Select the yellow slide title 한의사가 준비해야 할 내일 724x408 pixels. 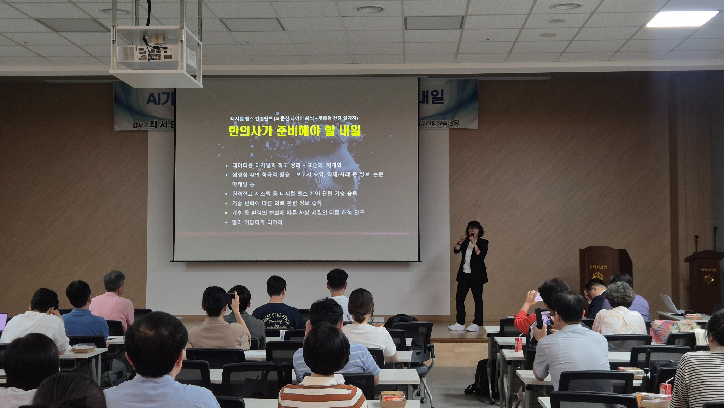tap(294, 131)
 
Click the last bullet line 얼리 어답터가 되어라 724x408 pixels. tap(257, 222)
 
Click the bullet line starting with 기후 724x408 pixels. tap(298, 213)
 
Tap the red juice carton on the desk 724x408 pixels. tap(518, 344)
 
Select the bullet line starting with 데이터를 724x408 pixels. tap(286, 165)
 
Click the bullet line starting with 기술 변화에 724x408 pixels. tap(276, 203)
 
